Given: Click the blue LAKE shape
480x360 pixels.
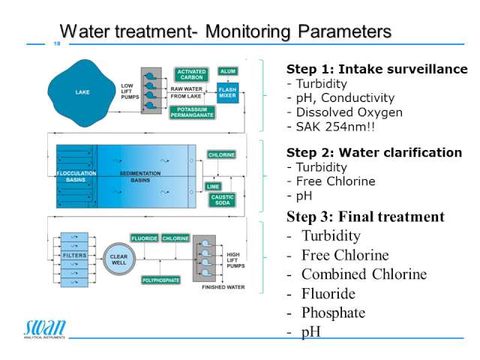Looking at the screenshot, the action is coord(82,93).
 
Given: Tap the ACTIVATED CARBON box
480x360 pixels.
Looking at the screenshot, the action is coord(191,74).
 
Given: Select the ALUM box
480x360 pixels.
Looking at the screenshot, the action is coord(228,71).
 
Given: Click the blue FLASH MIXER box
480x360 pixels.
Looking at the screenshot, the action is coord(227,92).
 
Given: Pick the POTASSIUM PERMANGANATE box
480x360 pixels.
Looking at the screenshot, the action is coord(192,112).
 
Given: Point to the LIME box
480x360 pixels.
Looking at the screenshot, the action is coord(213,187).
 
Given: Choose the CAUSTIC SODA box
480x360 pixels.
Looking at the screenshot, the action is coord(222,200).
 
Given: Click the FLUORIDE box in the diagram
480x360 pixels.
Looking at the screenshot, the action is coord(145,238).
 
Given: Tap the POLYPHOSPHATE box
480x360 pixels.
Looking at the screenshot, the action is coord(161,280).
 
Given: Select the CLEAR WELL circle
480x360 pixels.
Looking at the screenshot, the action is coord(118,259).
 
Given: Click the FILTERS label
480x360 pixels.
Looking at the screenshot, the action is coord(74,255).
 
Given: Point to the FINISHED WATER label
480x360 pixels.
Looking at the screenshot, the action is coord(223,287).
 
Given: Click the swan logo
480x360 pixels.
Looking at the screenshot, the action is coord(45,328).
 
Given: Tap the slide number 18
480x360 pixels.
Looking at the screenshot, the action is coord(57,43).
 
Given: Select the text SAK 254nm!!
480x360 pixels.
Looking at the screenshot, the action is coord(335,127).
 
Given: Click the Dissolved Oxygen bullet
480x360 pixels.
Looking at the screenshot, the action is coord(344,112).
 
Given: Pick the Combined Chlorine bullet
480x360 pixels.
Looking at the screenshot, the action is coord(357,274).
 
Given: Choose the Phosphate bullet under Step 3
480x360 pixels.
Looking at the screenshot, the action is coord(326,313).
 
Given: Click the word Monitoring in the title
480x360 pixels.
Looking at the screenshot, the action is coord(247,31).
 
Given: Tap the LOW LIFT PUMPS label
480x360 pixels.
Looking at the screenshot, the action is coord(130,91).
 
